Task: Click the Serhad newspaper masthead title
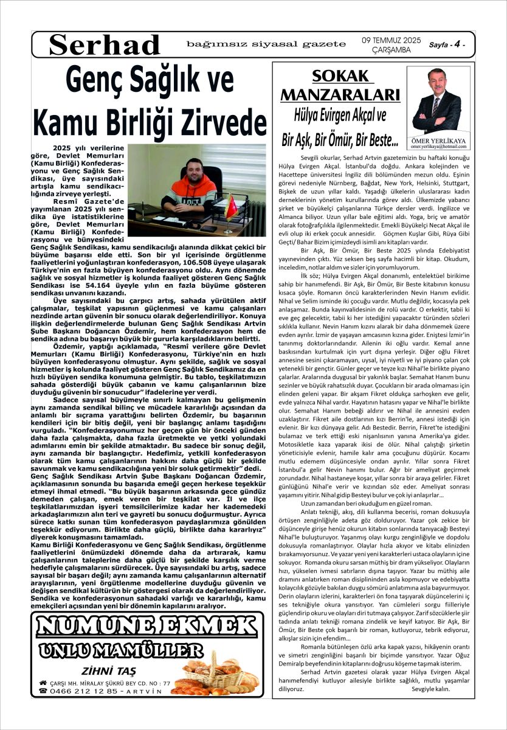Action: pos(104,44)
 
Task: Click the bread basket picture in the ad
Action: pos(213,672)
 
